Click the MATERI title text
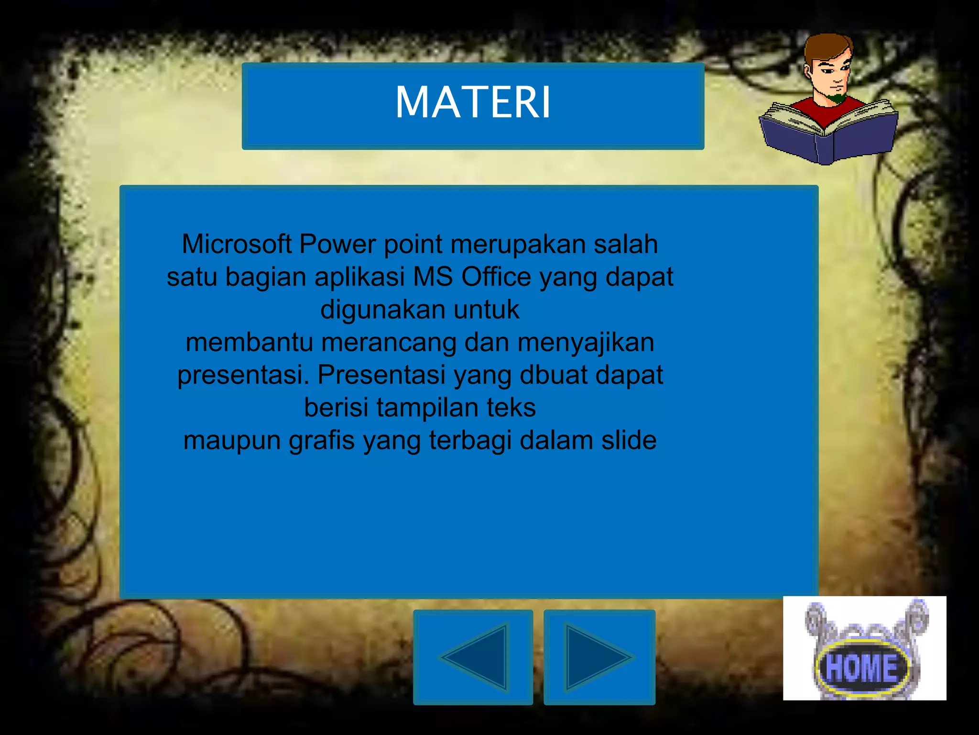[x=473, y=102]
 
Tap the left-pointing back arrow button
[x=473, y=657]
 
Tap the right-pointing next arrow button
[x=599, y=657]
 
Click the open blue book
[x=829, y=134]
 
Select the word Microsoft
[x=237, y=244]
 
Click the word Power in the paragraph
[x=337, y=244]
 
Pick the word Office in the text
[x=496, y=277]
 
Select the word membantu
[x=249, y=343]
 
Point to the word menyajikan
[x=586, y=343]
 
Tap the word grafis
[x=322, y=440]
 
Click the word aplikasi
[x=359, y=277]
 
